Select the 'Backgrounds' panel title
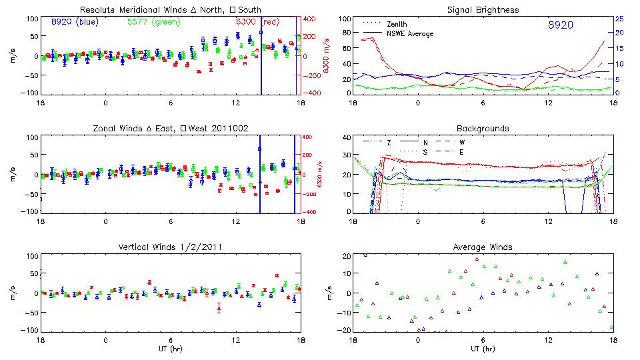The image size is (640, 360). pos(483,128)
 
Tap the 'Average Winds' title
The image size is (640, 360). pos(483,247)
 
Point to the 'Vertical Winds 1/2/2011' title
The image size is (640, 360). pos(171,247)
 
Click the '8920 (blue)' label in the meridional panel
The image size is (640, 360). pos(74,22)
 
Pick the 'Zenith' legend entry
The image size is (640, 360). pos(397,23)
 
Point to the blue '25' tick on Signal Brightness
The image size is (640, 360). pos(619,19)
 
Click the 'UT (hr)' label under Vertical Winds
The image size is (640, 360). pos(171,349)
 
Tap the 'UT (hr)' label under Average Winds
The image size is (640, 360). pos(483,349)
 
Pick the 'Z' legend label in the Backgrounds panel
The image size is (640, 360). pos(389,143)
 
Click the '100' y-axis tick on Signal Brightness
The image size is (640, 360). pos(344,19)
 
